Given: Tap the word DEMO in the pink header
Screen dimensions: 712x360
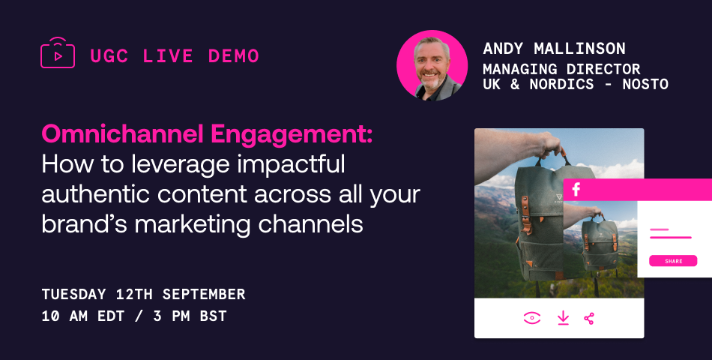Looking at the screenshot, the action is point(233,56).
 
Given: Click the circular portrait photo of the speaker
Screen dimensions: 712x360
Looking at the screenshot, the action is point(432,65).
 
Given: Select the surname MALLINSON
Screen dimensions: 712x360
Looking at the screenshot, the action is point(579,48).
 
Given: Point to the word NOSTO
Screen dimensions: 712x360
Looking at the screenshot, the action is point(645,84).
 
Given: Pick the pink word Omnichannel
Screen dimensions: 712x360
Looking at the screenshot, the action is point(123,134).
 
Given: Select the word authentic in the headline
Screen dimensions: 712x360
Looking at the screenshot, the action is point(95,194).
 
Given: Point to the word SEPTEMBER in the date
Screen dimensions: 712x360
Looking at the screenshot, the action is point(204,294).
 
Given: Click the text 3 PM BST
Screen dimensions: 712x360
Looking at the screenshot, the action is point(190,316).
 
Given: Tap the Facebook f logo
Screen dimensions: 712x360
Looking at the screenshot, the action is point(576,189).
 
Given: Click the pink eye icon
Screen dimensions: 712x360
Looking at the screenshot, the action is point(531,318).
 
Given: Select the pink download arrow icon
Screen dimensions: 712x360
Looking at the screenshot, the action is point(563,318).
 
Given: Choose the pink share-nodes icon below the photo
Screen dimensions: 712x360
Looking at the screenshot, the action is point(589,318).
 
